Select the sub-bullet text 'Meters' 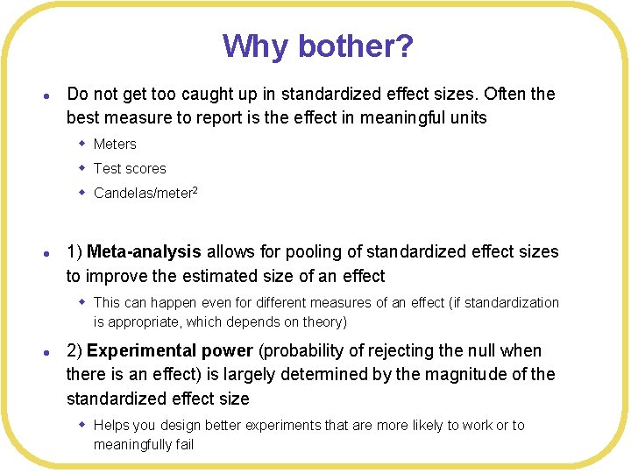pyautogui.click(x=115, y=144)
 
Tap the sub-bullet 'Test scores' pyautogui.click(x=130, y=168)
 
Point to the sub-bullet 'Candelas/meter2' pyautogui.click(x=145, y=193)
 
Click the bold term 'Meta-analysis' pyautogui.click(x=145, y=252)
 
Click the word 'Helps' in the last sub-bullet pyautogui.click(x=111, y=425)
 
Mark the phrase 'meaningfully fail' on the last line pyautogui.click(x=144, y=444)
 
